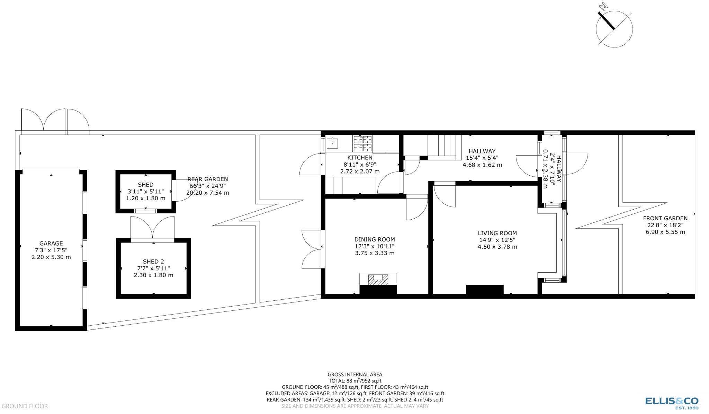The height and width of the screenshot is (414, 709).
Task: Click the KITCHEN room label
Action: coord(360,158)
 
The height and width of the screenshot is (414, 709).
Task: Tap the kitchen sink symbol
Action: coord(332,142)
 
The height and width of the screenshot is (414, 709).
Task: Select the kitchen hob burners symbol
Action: coord(362,143)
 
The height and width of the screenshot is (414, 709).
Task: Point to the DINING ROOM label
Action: coord(374,239)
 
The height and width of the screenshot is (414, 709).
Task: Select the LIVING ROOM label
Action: coord(497,233)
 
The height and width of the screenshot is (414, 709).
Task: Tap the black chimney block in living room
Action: coord(485,290)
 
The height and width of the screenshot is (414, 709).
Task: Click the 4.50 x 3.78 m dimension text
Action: coord(497,247)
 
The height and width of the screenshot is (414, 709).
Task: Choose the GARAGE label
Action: coord(51,244)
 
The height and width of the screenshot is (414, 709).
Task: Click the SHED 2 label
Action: coord(153,262)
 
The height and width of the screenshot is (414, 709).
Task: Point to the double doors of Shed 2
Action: coord(153,228)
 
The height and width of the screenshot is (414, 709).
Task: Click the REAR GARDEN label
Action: coord(208,179)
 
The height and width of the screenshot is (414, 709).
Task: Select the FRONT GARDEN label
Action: coord(665,218)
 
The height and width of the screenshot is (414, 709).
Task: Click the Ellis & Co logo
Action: coord(671,402)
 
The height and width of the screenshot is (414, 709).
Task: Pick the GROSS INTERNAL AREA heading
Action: coord(355,374)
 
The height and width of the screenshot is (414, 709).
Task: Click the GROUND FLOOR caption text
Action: coord(25,406)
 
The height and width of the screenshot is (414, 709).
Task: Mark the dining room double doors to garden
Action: coord(312,249)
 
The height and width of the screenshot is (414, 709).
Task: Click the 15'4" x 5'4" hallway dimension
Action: coord(482,158)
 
